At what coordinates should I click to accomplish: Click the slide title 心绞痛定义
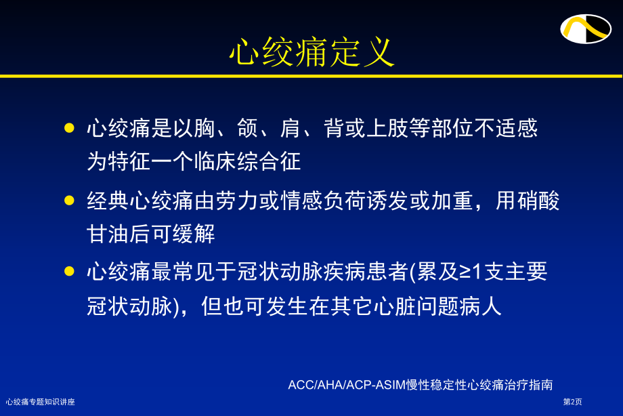point(311,51)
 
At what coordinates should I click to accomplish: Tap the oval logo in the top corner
point(585,28)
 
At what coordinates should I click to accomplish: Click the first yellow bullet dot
point(68,127)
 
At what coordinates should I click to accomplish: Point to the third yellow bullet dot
point(68,272)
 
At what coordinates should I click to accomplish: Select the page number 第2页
point(572,402)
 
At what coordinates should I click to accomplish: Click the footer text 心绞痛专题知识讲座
point(40,402)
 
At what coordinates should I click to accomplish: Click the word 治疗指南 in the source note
point(532,385)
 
